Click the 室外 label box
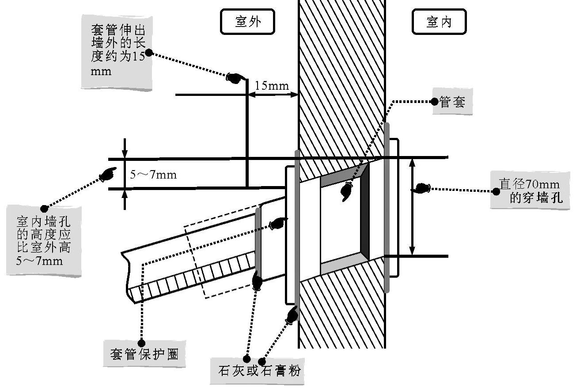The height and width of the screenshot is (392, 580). [x=247, y=22]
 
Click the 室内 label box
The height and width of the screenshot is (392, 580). [x=439, y=22]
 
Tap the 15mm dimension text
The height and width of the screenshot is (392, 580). [x=272, y=86]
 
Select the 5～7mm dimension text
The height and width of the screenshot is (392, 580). [x=153, y=175]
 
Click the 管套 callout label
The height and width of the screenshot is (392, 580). [x=453, y=102]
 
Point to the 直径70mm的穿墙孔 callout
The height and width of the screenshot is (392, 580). [x=530, y=190]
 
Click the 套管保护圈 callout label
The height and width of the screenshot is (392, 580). [x=144, y=354]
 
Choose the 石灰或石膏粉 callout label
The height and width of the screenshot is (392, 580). [x=257, y=371]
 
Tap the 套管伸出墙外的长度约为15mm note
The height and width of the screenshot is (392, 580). [x=117, y=52]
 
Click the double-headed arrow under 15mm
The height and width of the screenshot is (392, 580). [x=273, y=95]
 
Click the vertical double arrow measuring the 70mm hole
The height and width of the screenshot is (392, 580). [x=413, y=206]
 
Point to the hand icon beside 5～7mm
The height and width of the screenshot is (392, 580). [x=108, y=174]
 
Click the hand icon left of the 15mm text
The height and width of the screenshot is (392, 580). [x=235, y=78]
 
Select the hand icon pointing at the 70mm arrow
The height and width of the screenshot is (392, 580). [x=421, y=188]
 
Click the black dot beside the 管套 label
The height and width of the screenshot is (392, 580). [x=435, y=102]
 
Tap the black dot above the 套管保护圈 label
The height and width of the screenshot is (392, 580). [x=142, y=343]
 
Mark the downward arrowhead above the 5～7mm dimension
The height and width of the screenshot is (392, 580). [x=125, y=153]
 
